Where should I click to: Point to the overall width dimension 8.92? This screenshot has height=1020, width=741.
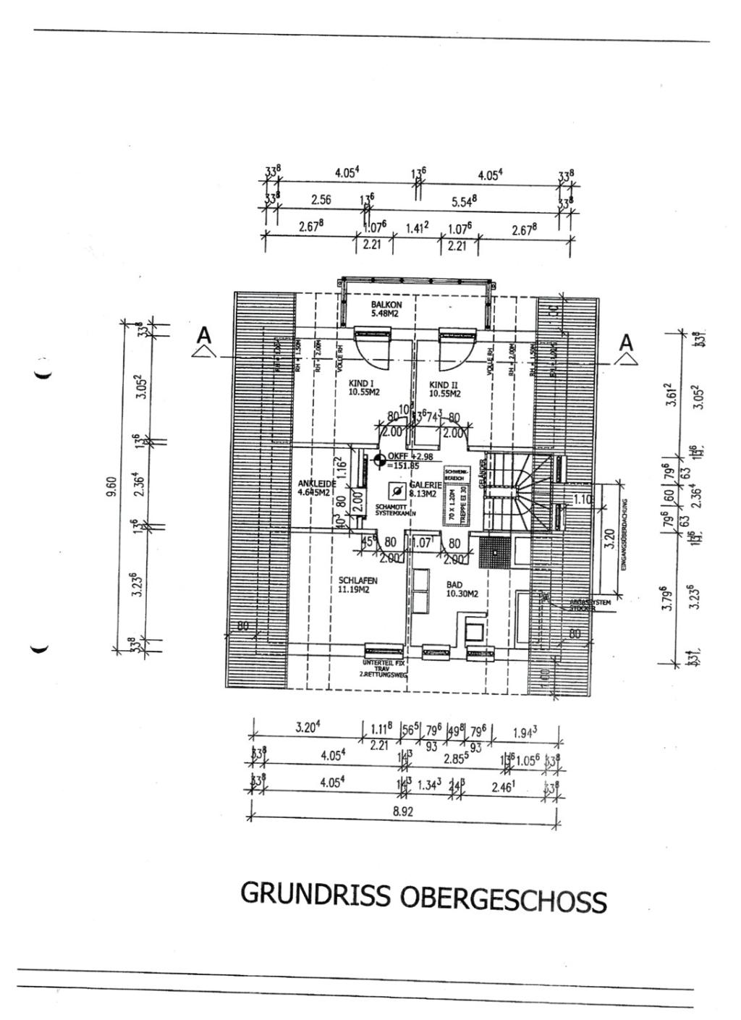tap(402, 812)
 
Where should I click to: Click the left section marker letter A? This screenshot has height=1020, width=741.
tap(205, 336)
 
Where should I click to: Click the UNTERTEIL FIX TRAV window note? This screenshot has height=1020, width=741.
tap(384, 667)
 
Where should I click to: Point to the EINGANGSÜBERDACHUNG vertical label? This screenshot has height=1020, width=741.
tap(624, 534)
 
